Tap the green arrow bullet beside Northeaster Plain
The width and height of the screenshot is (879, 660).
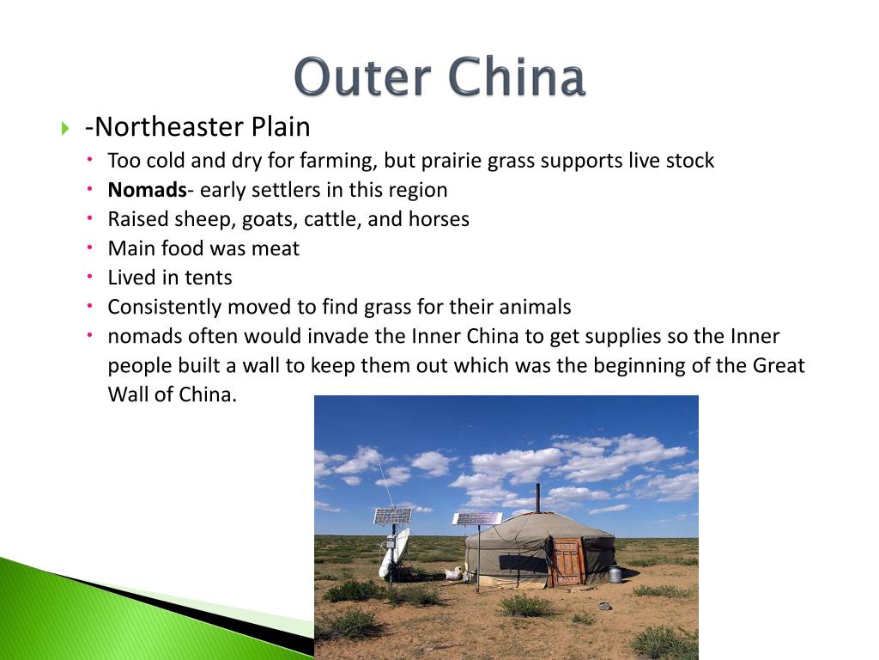pos(65,129)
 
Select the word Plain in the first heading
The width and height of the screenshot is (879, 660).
pos(280,127)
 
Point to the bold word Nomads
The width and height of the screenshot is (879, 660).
pos(147,190)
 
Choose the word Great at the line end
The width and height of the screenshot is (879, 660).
pos(779,365)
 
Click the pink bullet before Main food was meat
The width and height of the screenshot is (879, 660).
pos(91,248)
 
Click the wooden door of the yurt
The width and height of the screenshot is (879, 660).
pos(567,561)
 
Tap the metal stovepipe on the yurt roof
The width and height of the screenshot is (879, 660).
pos(537,498)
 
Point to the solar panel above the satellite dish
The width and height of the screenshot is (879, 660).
pos(392,516)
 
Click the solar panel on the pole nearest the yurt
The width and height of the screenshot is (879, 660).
pos(477,518)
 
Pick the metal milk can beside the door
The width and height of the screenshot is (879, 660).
pos(615,573)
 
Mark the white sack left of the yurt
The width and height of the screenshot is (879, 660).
pos(452,574)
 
